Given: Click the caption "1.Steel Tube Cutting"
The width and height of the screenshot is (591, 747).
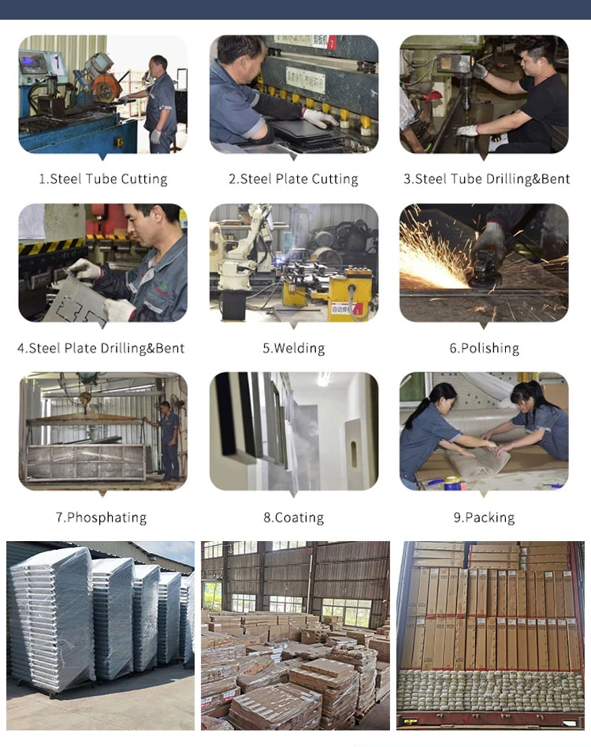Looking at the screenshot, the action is coord(103,178).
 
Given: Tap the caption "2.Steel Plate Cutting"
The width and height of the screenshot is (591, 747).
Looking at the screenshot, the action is coord(293,178).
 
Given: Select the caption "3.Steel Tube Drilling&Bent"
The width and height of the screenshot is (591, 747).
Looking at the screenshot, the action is coord(486,178).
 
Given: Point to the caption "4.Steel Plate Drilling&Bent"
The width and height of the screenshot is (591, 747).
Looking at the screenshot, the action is coord(101,348).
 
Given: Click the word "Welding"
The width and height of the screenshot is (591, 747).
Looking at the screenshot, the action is coord(299,348).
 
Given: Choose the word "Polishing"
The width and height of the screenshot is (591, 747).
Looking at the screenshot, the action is coord(489,348).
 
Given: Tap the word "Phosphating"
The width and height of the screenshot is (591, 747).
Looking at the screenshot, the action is coord(106,517).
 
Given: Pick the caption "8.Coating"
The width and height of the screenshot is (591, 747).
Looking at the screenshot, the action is coord(294,517).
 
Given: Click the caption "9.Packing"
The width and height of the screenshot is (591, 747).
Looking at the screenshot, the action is coord(484,517).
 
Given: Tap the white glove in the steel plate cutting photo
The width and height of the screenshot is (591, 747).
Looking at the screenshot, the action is coord(319,118).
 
